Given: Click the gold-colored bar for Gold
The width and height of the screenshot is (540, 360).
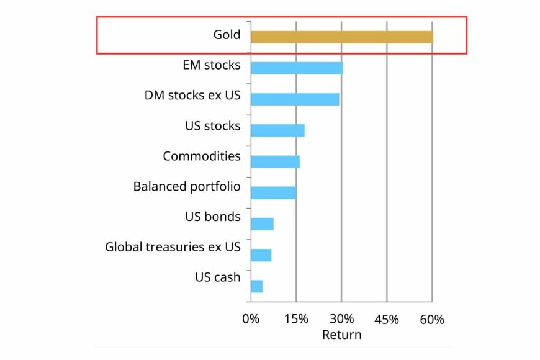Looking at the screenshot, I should [341, 37].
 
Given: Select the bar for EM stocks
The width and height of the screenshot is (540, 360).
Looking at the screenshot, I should [297, 68].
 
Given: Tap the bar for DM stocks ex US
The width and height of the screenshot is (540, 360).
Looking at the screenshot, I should [295, 99].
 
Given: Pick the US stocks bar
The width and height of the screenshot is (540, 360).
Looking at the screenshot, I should [277, 130].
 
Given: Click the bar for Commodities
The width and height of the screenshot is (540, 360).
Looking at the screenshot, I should [275, 161].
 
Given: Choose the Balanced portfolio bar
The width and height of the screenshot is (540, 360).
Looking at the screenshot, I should [273, 192].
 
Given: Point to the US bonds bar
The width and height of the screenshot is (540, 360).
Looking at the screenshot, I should [262, 224].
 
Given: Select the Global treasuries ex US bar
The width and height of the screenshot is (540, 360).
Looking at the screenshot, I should [261, 255].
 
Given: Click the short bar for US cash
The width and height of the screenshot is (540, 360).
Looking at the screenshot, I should [256, 286].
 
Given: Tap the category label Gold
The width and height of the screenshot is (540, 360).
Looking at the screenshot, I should [227, 35].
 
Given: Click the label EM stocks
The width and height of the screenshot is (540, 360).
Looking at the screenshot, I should [211, 65].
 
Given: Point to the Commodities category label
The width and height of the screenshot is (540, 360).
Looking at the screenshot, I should [201, 156].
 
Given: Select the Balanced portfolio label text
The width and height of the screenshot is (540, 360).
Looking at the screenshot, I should [186, 187].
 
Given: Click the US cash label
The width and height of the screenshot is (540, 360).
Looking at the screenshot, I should [217, 277].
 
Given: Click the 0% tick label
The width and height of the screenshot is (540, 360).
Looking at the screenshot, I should [251, 320].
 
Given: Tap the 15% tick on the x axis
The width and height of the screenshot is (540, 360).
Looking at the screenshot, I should [296, 320].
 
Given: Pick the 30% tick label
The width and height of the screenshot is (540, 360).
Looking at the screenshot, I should [341, 320].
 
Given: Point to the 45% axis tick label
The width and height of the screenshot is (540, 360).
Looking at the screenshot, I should [387, 320].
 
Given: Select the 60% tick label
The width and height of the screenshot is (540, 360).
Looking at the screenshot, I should [432, 320].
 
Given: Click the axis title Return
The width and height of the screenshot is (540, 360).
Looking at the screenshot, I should [341, 335].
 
